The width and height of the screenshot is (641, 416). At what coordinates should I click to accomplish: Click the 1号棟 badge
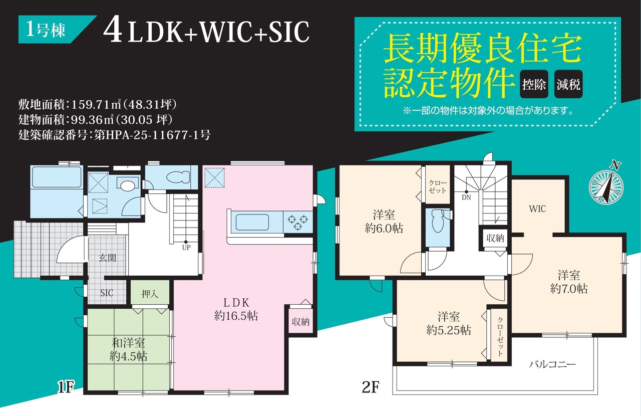point(55,30)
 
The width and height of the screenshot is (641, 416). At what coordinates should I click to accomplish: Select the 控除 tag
point(534,84)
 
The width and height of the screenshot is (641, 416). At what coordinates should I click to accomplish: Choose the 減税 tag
point(568,84)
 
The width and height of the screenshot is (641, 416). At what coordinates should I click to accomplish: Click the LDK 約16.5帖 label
point(236,309)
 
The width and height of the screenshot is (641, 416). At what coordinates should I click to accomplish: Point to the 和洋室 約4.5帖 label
point(128,350)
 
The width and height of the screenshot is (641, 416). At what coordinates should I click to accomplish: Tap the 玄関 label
point(108,258)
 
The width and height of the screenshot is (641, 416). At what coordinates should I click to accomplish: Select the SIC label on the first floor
point(107,293)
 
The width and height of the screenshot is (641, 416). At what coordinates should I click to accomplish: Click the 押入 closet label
point(150,294)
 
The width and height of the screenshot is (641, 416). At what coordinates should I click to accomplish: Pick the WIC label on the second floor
point(537,209)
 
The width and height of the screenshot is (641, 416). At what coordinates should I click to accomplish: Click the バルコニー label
point(552,364)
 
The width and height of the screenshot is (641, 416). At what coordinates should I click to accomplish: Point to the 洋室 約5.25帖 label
point(449,324)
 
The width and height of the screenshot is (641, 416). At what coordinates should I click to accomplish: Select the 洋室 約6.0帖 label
point(384,222)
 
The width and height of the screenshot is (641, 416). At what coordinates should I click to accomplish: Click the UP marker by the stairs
point(186,248)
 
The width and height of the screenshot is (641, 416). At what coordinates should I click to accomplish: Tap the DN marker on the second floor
point(466,197)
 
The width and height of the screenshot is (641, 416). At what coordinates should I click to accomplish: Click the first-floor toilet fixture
point(178,177)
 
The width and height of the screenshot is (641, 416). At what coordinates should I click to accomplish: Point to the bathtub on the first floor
point(57,177)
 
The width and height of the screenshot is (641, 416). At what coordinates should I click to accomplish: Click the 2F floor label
point(371,387)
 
